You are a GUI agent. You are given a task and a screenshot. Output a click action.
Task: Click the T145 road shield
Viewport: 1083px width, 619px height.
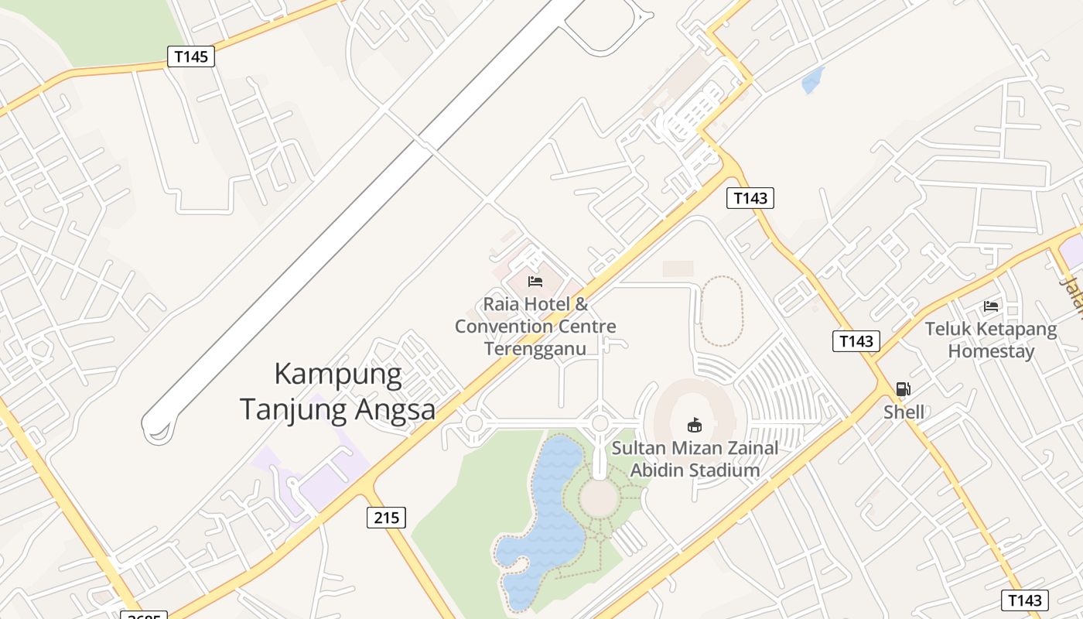[x=190, y=56]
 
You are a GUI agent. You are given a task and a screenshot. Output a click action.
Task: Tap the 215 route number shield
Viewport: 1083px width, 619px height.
[x=386, y=517]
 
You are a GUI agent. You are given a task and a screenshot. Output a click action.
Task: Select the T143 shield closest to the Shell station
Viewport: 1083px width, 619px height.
[x=856, y=341]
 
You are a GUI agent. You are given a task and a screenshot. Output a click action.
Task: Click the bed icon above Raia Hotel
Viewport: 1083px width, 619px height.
[x=535, y=282]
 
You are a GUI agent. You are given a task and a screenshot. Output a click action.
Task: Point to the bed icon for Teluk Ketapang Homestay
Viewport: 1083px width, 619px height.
[x=991, y=306]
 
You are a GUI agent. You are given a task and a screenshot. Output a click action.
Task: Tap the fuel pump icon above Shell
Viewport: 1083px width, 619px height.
[x=904, y=389]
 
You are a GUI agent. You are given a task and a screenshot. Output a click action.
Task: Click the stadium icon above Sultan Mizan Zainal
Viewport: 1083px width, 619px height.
[x=695, y=425]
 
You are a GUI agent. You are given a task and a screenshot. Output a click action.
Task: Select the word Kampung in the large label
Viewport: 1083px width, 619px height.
[x=338, y=374]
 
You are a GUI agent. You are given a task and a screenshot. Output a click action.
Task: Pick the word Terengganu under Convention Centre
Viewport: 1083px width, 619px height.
[x=535, y=348]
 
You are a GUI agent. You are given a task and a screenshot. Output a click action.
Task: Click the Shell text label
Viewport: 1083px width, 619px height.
[x=904, y=412]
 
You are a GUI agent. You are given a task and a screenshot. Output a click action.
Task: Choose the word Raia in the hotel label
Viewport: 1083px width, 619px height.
[x=501, y=303]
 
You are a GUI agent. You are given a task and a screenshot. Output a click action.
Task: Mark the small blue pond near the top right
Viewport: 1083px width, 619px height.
[x=813, y=80]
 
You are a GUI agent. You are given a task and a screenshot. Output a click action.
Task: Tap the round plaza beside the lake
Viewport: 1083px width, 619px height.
[x=600, y=498]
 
